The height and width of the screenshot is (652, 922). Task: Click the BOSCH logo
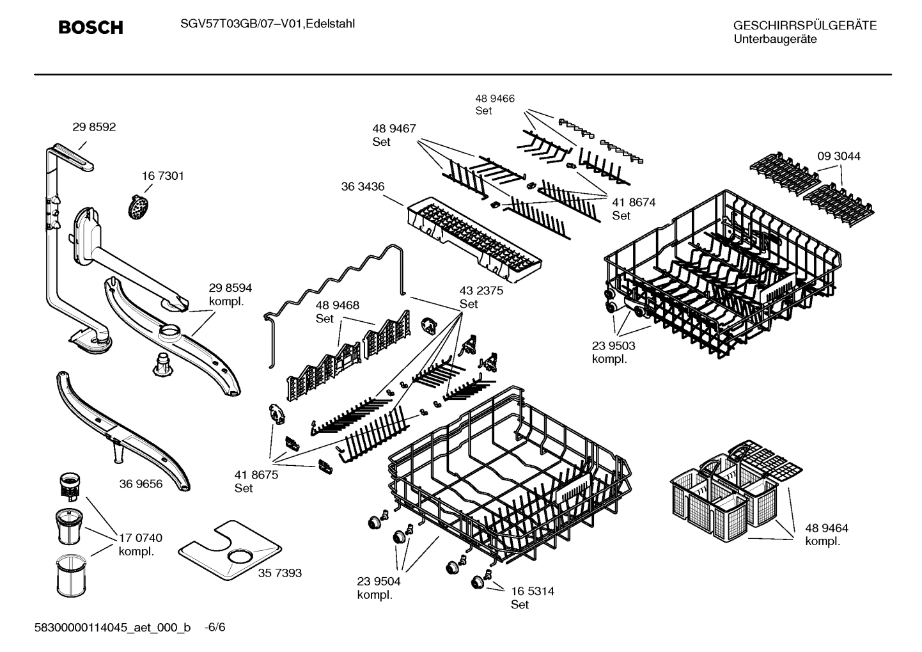90,28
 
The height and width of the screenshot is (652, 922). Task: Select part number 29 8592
94,127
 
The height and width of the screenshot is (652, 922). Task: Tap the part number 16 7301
162,176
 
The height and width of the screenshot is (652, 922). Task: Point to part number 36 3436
363,186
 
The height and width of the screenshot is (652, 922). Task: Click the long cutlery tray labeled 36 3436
473,239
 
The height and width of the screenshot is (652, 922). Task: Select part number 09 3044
838,156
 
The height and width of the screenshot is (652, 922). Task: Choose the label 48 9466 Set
494,104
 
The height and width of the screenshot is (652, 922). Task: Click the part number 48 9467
394,129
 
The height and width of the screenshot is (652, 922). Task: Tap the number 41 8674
633,202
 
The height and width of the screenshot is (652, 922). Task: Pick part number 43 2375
481,290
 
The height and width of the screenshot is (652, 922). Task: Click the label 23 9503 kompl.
613,352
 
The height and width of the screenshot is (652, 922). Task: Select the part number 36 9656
141,484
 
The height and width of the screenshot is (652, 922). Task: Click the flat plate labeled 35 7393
230,550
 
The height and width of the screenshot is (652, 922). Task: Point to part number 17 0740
140,538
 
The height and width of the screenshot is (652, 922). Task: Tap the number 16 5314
532,591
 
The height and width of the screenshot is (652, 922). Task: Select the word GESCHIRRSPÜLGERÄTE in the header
804,26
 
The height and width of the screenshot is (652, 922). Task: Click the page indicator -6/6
215,627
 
